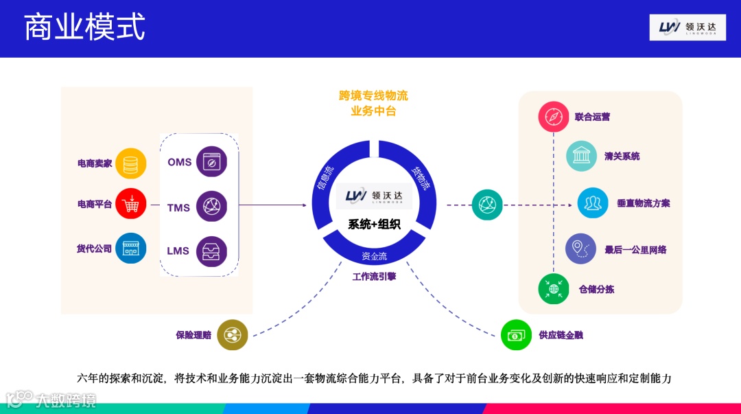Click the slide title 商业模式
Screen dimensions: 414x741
click(85, 28)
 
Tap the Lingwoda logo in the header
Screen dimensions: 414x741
click(687, 27)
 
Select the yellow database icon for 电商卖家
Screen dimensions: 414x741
click(131, 164)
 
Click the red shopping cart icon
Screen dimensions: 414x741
click(131, 204)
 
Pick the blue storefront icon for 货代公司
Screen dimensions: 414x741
click(131, 249)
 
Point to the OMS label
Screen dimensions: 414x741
click(179, 162)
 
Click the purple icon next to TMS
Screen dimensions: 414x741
click(211, 207)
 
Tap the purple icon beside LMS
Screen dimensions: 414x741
click(211, 251)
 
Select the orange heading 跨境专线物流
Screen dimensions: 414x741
click(373, 95)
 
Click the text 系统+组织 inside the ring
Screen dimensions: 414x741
click(374, 224)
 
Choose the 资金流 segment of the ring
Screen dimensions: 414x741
click(374, 256)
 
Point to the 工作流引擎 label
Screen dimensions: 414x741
click(374, 277)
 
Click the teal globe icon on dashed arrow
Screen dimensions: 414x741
click(487, 205)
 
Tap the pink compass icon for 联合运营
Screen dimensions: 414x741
click(554, 117)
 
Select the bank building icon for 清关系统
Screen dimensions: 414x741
click(581, 156)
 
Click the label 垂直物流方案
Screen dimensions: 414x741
click(643, 203)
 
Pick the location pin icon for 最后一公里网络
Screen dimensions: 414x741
click(580, 249)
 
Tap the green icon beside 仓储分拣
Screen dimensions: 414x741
click(554, 289)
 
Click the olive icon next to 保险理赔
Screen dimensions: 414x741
click(232, 335)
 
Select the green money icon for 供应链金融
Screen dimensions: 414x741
click(516, 335)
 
